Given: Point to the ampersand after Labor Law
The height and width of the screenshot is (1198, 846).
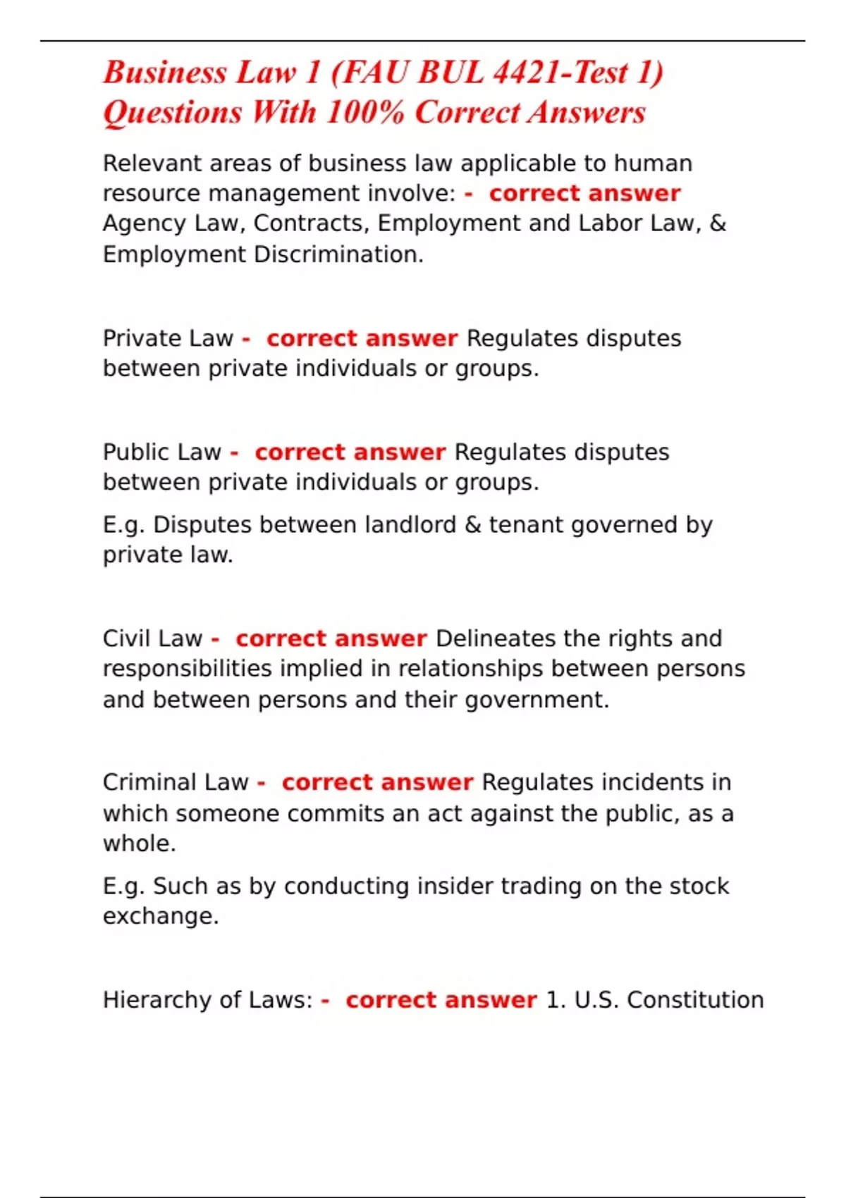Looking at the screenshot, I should point(718,223).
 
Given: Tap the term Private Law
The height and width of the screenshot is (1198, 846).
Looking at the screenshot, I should point(168,338).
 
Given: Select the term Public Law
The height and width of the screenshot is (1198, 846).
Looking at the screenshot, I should point(162,452).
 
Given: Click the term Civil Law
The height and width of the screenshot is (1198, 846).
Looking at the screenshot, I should point(152,638).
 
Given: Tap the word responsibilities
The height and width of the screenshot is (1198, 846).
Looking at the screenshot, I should point(187,669).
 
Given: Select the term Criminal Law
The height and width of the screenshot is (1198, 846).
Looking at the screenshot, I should point(176,782).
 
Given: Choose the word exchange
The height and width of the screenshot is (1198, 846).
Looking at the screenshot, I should point(160,916).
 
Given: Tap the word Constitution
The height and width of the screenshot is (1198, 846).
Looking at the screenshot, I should point(695,1000).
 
